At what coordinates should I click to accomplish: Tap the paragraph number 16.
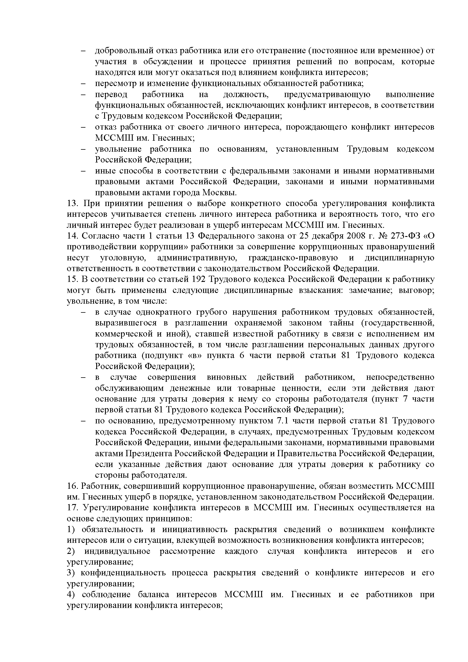tap(72, 486)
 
